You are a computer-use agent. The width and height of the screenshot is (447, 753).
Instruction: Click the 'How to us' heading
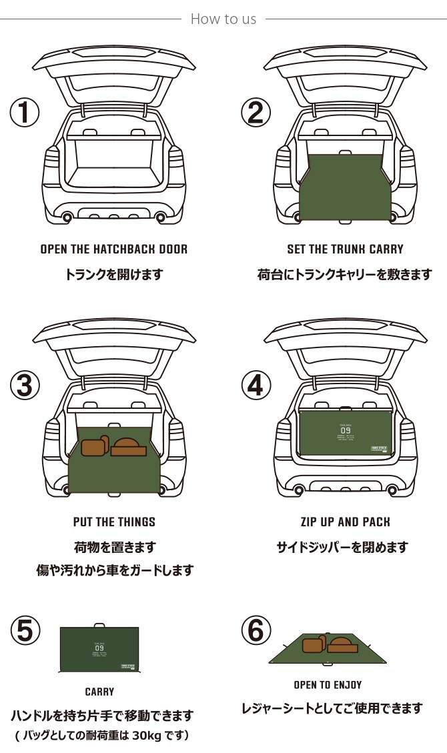point(223,19)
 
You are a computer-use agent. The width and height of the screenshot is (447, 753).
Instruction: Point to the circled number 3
point(25,385)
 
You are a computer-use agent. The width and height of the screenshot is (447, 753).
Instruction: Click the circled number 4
point(256,385)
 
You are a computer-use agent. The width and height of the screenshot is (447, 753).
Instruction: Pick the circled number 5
point(25,631)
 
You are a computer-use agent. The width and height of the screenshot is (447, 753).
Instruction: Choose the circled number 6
point(256,631)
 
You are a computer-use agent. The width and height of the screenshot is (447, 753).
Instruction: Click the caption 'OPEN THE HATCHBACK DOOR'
point(114,249)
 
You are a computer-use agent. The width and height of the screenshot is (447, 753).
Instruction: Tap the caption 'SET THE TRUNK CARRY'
point(345,249)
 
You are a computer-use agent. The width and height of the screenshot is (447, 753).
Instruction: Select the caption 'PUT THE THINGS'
point(114,522)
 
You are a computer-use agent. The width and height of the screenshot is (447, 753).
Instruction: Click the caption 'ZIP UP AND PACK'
point(345,522)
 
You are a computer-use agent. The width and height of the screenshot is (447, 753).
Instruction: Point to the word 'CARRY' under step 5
point(99,692)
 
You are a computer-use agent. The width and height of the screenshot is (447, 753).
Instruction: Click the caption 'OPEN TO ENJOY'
point(327,685)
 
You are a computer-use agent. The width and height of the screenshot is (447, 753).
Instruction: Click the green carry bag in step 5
point(99,650)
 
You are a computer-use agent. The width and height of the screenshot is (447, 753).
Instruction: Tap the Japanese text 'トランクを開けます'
point(114,274)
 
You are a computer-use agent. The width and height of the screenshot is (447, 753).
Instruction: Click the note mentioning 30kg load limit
point(102,736)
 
